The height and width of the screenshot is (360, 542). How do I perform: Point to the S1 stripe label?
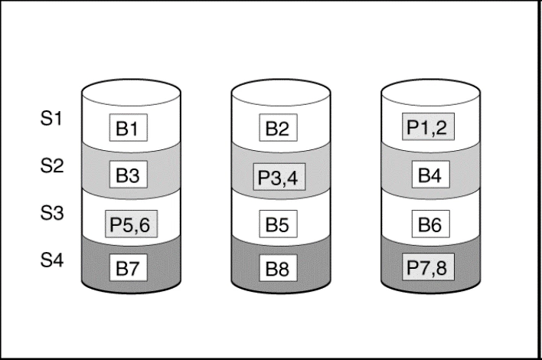pos(51,119)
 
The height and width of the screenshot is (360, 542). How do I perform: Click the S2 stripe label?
pos(51,167)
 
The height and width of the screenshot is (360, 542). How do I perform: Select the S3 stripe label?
pos(51,214)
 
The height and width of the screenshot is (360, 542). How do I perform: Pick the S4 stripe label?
pos(51,261)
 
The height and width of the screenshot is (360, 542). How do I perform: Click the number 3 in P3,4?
pos(276,180)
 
